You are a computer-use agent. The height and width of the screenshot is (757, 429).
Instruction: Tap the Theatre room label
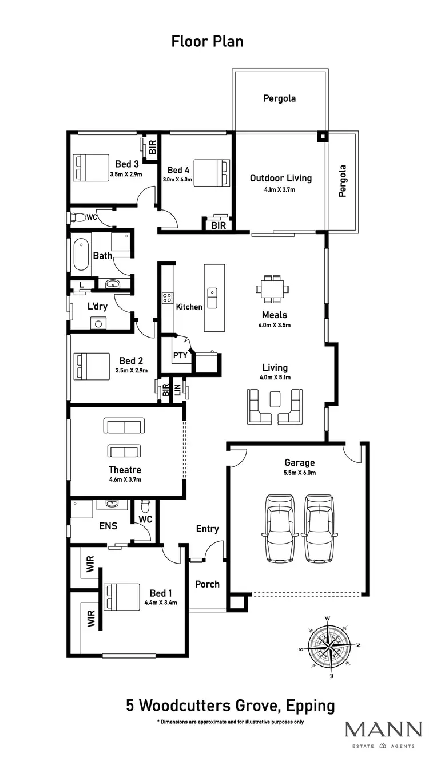pos(125,470)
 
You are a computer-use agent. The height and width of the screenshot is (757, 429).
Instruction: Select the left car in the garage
pos(280,528)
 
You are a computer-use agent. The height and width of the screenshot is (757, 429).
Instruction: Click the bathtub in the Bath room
pos(81,255)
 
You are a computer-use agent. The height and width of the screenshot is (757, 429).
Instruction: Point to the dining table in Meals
pos(273,288)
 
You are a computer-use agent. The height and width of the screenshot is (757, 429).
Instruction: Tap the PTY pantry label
pos(180,355)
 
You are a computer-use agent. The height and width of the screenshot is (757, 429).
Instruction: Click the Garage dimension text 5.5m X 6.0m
pos(300,473)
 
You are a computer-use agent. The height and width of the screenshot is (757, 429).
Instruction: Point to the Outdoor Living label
pos(280,178)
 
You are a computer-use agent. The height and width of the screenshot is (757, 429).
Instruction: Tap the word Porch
pos(207,584)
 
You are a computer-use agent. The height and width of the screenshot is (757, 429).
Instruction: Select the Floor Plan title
pos(207,41)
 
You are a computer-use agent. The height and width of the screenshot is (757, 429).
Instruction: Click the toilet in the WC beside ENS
pos(145,506)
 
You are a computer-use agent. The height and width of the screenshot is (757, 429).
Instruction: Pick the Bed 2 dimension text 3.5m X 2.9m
pos(131,370)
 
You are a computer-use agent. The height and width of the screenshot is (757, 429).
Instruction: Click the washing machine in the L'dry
pos(98,323)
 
